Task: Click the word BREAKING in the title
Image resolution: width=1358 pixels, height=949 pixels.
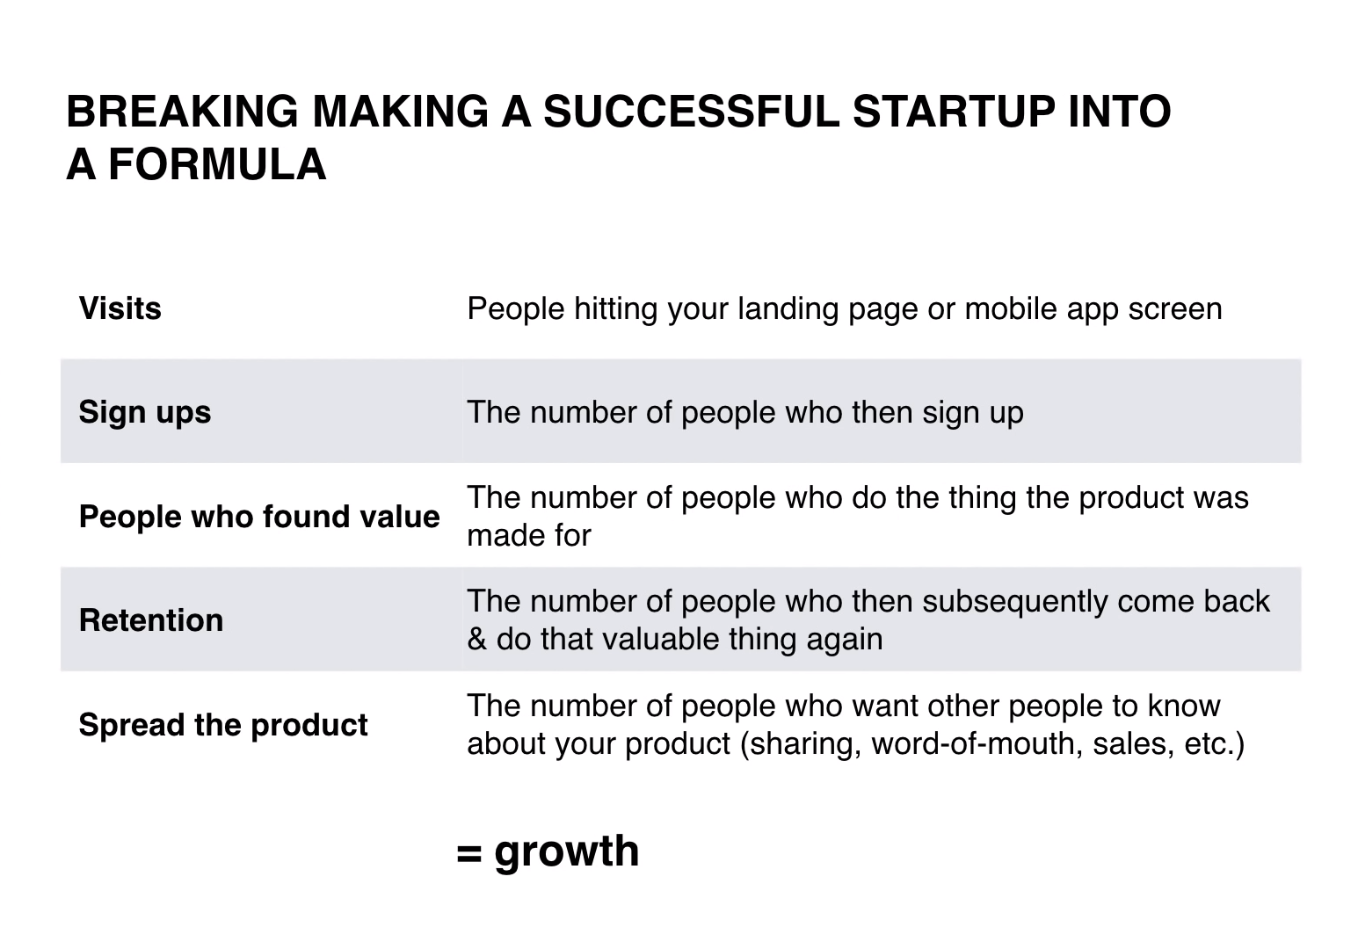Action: (x=183, y=112)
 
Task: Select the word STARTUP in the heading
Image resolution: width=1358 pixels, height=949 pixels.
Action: (x=954, y=112)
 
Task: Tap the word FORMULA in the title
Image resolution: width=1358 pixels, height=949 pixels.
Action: (x=218, y=165)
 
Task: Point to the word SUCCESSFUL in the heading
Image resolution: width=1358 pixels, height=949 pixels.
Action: (x=692, y=112)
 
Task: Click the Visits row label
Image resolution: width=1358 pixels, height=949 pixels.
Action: (x=120, y=308)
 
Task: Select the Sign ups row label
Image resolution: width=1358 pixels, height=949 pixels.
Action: (x=145, y=413)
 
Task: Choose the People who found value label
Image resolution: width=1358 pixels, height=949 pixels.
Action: (x=259, y=517)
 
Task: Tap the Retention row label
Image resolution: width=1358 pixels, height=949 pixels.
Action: (x=151, y=620)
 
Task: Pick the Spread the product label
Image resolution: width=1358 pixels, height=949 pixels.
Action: (x=223, y=726)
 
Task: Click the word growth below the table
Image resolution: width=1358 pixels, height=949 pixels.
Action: (x=567, y=852)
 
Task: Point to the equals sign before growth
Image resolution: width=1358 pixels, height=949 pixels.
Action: (x=469, y=854)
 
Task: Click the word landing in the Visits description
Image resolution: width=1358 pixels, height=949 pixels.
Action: (x=788, y=309)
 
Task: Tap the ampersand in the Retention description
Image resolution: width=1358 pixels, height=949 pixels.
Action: (x=477, y=640)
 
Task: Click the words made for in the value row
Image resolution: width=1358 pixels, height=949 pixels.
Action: (x=528, y=536)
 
